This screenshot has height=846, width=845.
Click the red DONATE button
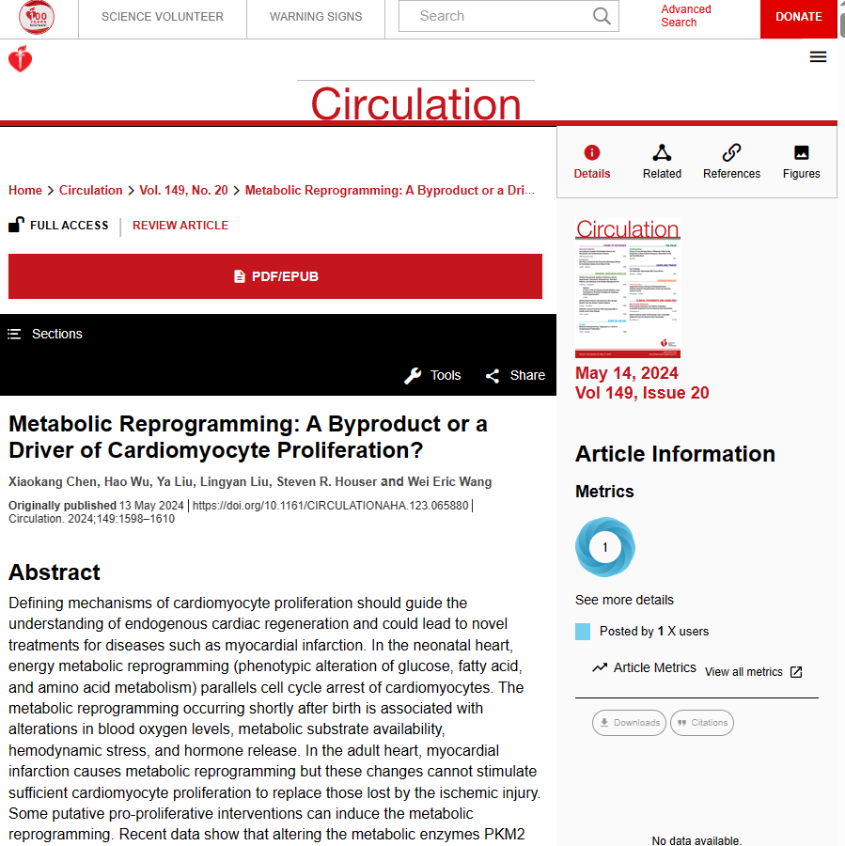pyautogui.click(x=798, y=17)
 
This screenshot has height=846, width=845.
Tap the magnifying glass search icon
pyautogui.click(x=602, y=16)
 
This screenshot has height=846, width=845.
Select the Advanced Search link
pyautogui.click(x=685, y=16)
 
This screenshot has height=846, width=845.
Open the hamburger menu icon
pyautogui.click(x=818, y=56)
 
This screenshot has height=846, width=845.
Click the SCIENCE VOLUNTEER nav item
pyautogui.click(x=163, y=17)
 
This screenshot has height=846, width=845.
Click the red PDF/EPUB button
pyautogui.click(x=275, y=276)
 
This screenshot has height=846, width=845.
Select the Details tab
pyautogui.click(x=592, y=162)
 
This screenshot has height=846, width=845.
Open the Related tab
pyautogui.click(x=662, y=162)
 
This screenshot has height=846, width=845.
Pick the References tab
pyautogui.click(x=731, y=162)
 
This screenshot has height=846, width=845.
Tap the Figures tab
pyautogui.click(x=801, y=162)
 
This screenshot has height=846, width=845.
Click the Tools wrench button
pyautogui.click(x=432, y=376)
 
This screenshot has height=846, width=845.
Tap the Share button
pyautogui.click(x=515, y=376)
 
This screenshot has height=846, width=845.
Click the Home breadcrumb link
pyautogui.click(x=25, y=190)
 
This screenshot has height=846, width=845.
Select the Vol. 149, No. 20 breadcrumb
pyautogui.click(x=183, y=190)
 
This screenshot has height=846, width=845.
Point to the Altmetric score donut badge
pyautogui.click(x=605, y=547)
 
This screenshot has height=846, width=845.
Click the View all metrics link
pyautogui.click(x=753, y=672)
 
